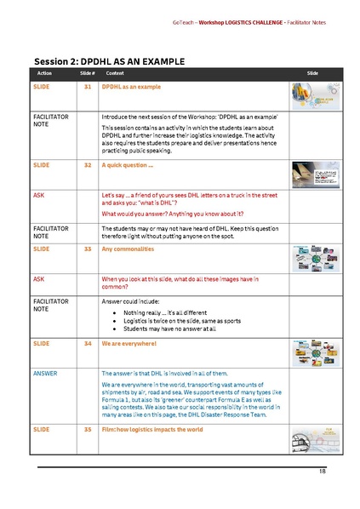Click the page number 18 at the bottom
point(323,471)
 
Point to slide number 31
point(88,88)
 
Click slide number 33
point(88,249)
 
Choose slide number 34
point(88,343)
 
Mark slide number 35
point(88,430)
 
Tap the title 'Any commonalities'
point(129,249)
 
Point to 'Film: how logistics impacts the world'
point(152,430)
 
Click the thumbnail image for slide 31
point(311,96)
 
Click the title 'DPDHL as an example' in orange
point(131,88)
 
